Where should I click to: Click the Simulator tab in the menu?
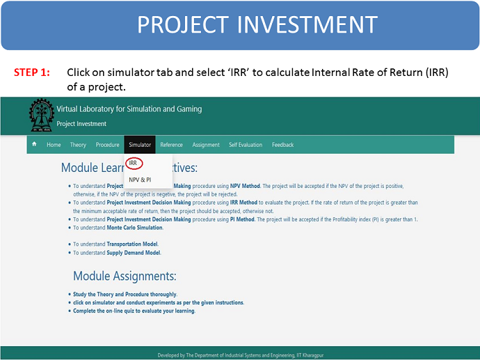coord(140,145)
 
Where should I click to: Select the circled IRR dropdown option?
coord(133,163)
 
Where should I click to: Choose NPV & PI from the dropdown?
coord(140,180)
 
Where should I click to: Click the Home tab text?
coord(54,145)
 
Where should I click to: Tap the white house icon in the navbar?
coord(34,143)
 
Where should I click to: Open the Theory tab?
coord(78,145)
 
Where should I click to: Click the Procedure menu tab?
coord(107,145)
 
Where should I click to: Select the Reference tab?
coord(171,145)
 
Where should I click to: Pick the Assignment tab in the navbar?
coord(206,145)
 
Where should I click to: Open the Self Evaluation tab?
coord(246,145)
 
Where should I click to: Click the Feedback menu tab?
coord(283,145)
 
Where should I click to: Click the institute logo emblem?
coord(41,115)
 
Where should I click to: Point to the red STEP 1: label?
coord(32,72)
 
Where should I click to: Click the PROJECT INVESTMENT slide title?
coord(257,24)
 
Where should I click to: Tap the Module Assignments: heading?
coord(125,276)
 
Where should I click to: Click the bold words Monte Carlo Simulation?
coord(134,228)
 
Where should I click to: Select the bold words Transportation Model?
coord(132,244)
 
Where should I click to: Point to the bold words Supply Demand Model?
coord(133,253)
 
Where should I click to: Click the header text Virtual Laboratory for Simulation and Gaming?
coord(129,109)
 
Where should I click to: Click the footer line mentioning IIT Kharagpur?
coord(240,355)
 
